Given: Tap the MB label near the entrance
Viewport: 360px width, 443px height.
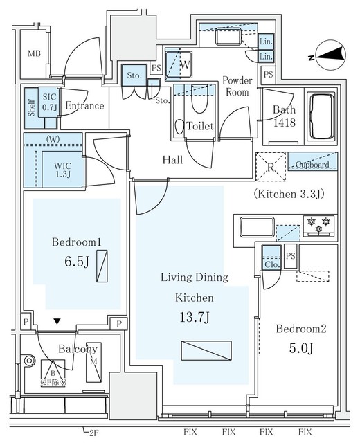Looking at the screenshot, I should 34,54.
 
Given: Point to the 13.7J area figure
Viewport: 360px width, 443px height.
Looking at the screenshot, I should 196,318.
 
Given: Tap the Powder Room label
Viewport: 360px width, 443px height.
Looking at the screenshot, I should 236,87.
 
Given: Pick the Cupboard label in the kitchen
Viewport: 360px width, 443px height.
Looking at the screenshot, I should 312,165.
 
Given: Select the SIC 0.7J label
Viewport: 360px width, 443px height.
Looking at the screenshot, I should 49,102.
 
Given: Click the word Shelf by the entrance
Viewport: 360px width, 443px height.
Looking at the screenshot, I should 30,108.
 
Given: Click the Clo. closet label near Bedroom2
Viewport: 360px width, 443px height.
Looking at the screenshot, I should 271,262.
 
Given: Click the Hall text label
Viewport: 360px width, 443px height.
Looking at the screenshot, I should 172,160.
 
